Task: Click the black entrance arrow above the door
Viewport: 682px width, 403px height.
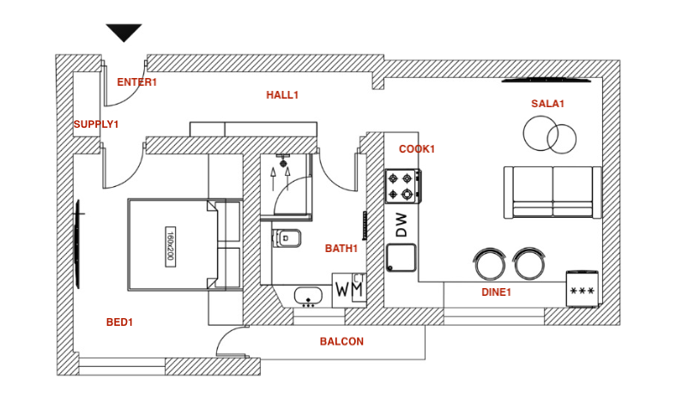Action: click(124, 33)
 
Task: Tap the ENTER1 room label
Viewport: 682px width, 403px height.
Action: click(136, 82)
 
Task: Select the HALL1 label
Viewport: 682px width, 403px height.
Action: click(282, 95)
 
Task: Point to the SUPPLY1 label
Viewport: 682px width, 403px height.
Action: click(96, 124)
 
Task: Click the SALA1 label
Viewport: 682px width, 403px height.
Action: click(547, 104)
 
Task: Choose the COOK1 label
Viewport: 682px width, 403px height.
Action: click(417, 149)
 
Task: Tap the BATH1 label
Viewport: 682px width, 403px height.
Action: click(341, 249)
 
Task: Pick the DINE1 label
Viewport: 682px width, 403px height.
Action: click(496, 292)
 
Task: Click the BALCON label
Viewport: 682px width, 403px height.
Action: click(341, 342)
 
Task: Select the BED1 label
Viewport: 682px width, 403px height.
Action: click(119, 322)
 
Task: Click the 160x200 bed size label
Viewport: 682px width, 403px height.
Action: click(170, 246)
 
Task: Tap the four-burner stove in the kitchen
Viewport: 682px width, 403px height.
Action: click(402, 186)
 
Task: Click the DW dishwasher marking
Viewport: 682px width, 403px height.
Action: click(402, 225)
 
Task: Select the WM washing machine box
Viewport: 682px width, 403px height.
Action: click(349, 290)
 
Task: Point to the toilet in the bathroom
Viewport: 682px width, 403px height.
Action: click(287, 238)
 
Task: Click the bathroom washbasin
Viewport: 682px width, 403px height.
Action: click(308, 297)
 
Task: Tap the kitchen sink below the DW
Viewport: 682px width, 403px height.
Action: click(401, 258)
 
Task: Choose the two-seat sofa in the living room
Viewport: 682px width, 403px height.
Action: click(552, 192)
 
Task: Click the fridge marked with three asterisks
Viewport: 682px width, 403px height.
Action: click(582, 289)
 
